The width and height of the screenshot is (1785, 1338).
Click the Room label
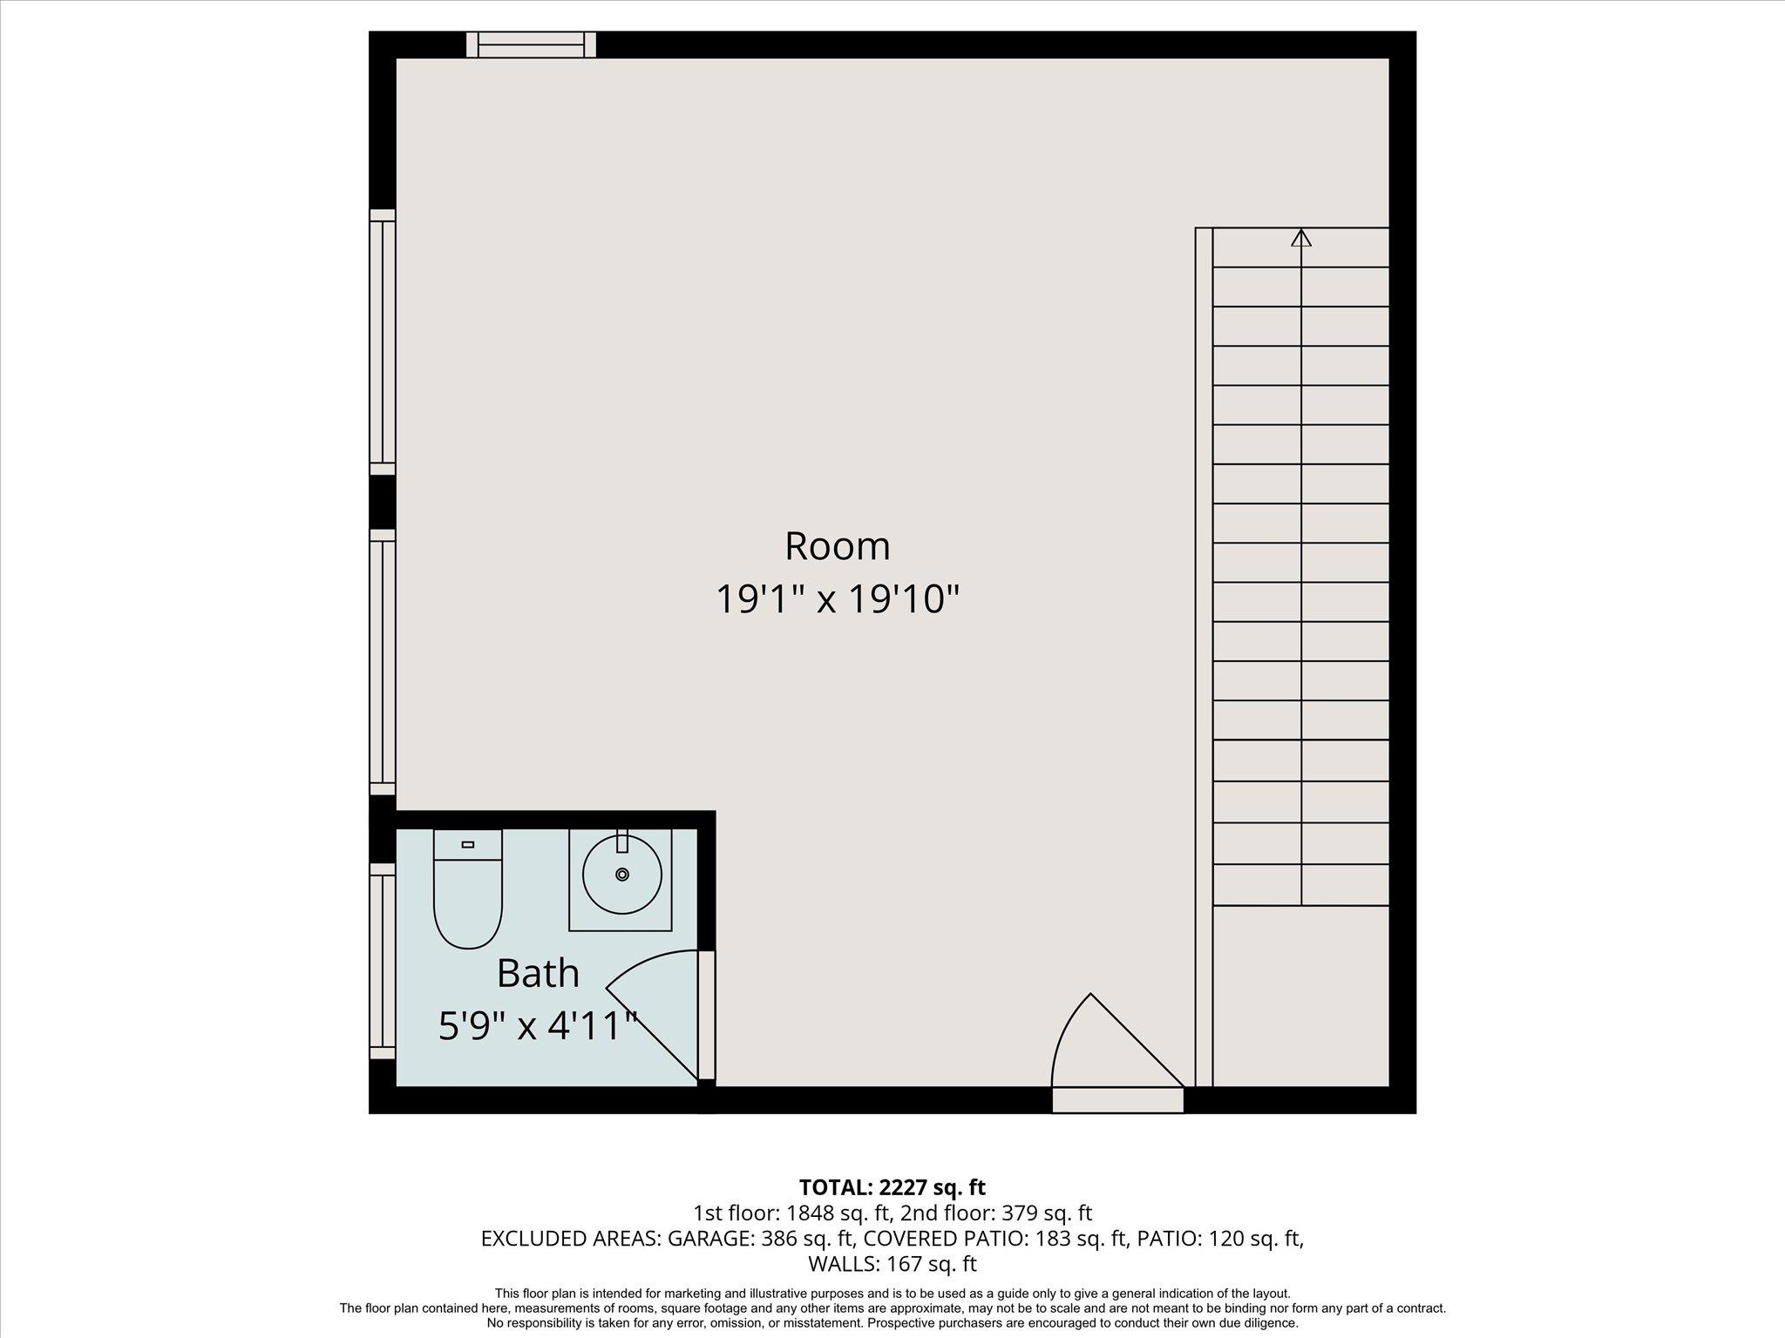click(x=837, y=546)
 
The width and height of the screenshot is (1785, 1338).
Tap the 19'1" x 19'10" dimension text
click(x=837, y=600)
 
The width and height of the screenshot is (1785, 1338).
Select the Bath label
click(x=538, y=973)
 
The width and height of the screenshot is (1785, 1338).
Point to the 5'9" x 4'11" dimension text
click(x=538, y=1026)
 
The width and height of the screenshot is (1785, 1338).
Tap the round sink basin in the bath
click(x=621, y=875)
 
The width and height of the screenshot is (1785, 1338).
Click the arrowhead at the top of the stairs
click(x=1300, y=237)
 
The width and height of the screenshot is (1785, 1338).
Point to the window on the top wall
click(x=531, y=44)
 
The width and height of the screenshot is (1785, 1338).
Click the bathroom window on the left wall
click(x=382, y=961)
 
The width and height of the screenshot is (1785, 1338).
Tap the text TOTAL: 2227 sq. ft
click(x=892, y=1187)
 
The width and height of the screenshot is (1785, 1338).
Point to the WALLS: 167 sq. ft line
click(x=892, y=1264)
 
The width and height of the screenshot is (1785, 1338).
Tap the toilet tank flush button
click(x=468, y=844)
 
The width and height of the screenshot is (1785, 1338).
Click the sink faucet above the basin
click(x=621, y=842)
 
